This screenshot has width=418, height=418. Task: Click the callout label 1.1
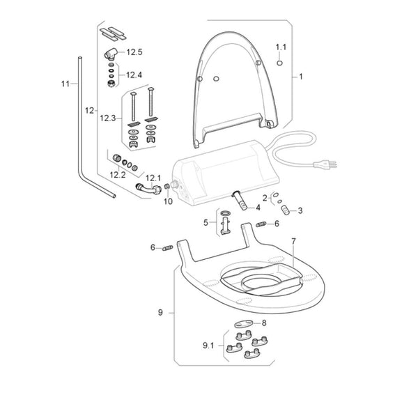[281, 47]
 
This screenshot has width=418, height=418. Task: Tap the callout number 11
[65, 84]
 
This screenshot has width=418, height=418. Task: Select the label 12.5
[134, 52]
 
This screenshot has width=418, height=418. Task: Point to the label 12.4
[134, 75]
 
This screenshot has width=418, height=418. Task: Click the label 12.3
[109, 119]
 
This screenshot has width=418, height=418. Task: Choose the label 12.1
[153, 178]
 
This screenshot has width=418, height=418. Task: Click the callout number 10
[167, 201]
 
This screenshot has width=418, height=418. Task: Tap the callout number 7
[293, 240]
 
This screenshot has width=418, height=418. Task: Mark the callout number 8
[263, 323]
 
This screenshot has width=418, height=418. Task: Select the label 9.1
[210, 345]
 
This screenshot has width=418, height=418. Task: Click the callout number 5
[206, 222]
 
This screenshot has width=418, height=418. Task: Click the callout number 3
[300, 210]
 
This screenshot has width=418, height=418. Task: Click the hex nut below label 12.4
[110, 83]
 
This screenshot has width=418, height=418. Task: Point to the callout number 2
[264, 199]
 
